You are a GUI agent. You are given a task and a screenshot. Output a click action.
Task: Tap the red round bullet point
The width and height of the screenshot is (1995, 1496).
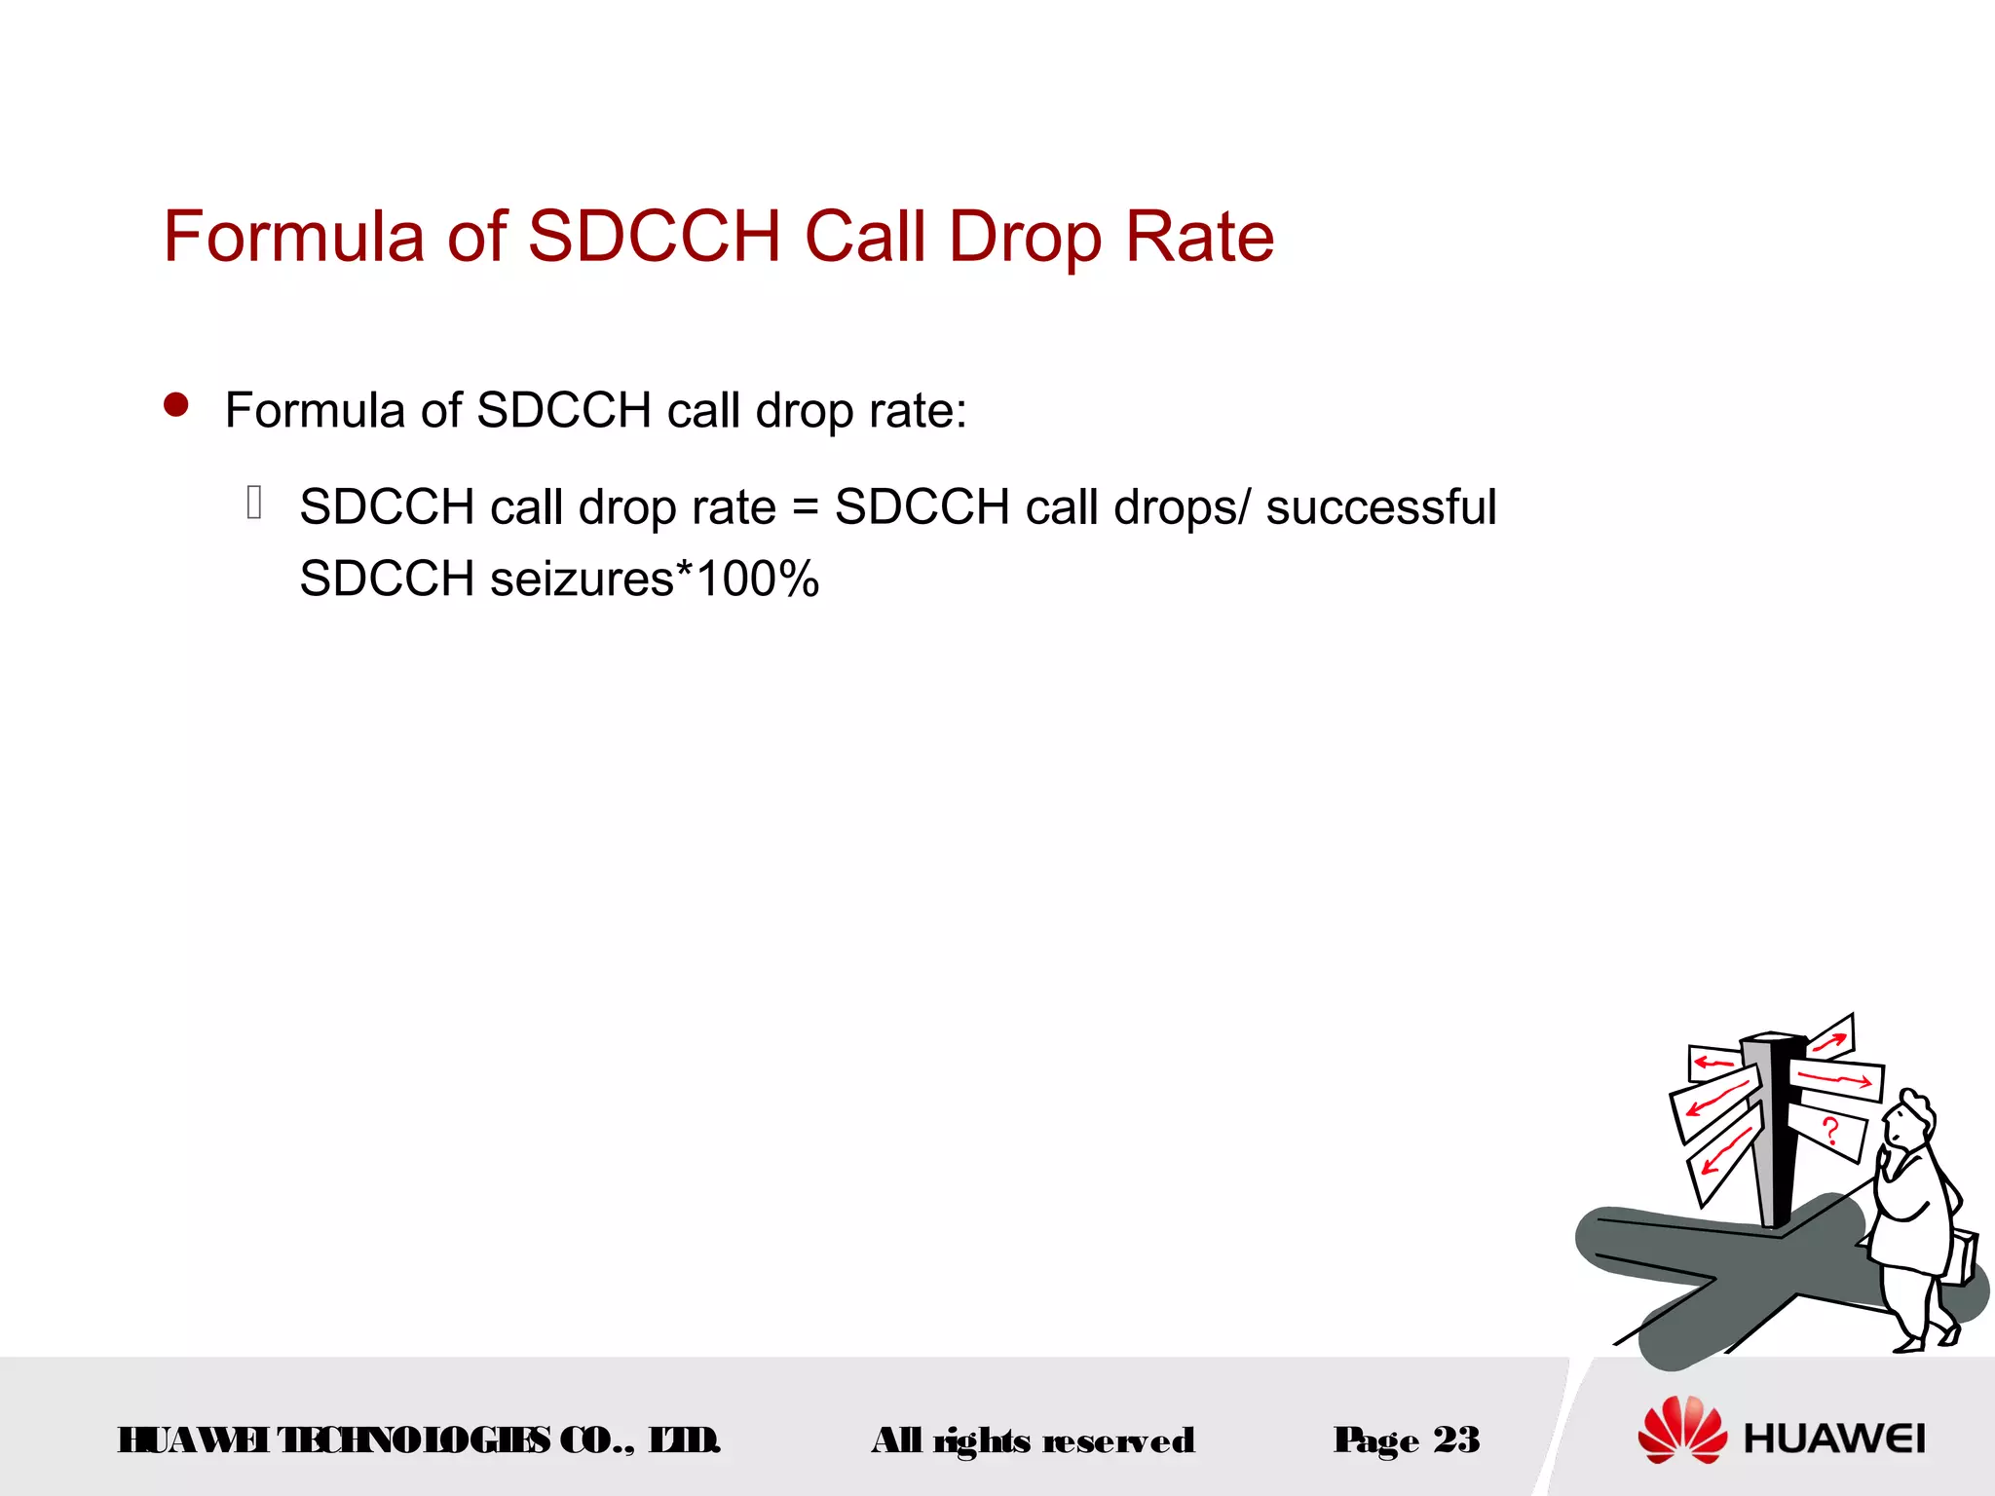coord(176,405)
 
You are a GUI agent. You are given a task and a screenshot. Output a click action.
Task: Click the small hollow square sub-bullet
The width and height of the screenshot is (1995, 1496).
coord(254,503)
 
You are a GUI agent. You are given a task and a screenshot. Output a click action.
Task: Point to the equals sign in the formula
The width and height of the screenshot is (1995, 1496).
coord(805,508)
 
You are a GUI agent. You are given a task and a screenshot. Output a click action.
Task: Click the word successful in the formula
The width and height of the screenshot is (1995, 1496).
coord(1380,507)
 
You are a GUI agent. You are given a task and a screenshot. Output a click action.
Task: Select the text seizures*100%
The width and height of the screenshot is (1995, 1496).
coord(655,580)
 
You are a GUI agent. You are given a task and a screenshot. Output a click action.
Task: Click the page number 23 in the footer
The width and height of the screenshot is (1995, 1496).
coord(1456,1440)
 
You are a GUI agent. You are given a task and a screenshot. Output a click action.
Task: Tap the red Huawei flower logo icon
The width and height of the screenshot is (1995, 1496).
coord(1681,1430)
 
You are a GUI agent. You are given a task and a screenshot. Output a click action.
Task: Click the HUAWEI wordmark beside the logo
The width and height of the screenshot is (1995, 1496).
coord(1834,1439)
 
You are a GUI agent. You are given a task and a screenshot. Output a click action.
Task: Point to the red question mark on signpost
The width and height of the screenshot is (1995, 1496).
coord(1830,1131)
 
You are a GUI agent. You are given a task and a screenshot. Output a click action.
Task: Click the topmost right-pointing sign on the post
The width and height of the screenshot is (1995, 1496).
coord(1831,1038)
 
